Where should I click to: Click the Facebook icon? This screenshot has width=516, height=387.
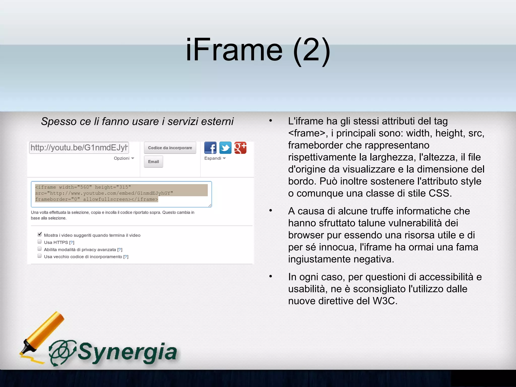point(210,148)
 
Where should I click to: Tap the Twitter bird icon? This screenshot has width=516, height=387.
point(225,148)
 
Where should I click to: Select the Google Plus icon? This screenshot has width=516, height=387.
point(240,148)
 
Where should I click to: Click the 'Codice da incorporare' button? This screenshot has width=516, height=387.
point(170,148)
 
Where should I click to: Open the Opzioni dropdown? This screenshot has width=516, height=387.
point(124,158)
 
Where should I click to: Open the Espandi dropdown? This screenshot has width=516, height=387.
point(215,158)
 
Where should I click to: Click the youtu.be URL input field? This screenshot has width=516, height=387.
point(79,148)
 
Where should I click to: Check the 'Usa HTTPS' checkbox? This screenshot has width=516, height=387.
point(40,242)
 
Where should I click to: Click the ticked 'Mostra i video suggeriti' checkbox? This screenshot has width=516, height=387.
point(40,234)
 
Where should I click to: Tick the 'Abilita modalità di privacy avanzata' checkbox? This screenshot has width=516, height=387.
point(40,249)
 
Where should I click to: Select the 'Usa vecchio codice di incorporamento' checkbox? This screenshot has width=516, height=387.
point(40,256)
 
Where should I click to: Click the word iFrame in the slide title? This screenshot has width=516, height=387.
point(234,50)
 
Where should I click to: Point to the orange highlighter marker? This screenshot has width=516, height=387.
point(43,333)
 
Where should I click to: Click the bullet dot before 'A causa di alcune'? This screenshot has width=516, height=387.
point(271,210)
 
